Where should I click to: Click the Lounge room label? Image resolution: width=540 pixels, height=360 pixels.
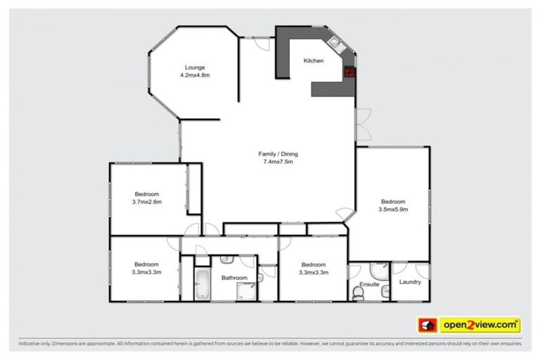coord(195,67)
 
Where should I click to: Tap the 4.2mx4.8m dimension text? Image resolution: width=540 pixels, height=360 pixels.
coord(195,75)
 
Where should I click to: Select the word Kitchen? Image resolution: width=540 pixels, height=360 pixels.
coord(314,61)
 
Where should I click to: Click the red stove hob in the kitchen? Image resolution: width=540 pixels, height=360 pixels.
coord(349,70)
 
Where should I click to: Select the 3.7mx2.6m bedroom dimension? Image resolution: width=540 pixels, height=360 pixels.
coord(147,202)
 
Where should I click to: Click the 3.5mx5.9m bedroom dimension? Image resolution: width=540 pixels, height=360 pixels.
coord(393,209)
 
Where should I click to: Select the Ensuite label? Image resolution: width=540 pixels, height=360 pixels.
coord(370,284)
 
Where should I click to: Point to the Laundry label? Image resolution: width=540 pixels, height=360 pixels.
coord(409,282)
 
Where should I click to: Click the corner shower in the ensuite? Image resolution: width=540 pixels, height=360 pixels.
coord(378,271)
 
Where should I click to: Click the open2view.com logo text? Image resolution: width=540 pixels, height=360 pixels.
coord(480,325)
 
